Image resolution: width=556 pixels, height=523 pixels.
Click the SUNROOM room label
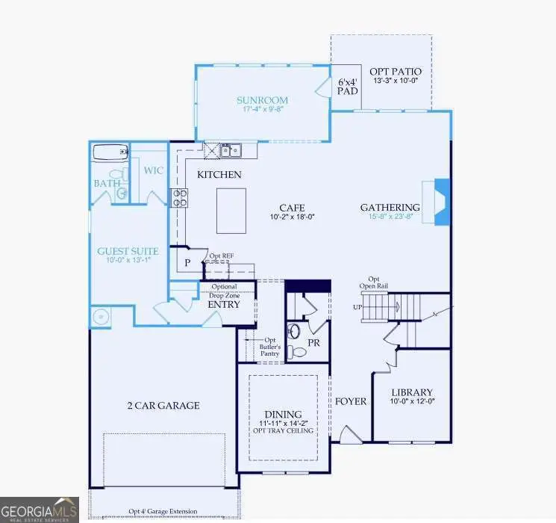(x=262, y=100)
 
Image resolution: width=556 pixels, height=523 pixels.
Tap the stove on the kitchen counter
(x=180, y=197)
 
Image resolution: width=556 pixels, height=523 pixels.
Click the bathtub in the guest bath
(x=110, y=154)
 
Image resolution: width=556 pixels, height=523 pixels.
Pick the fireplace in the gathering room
(x=440, y=202)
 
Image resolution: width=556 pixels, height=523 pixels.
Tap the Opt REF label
(x=222, y=255)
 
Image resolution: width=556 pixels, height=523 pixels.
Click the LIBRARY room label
(x=412, y=392)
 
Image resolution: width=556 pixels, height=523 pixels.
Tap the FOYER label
(x=351, y=401)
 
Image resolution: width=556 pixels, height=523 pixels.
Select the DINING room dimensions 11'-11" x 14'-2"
(x=282, y=424)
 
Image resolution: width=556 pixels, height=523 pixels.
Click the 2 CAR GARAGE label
(x=162, y=406)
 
